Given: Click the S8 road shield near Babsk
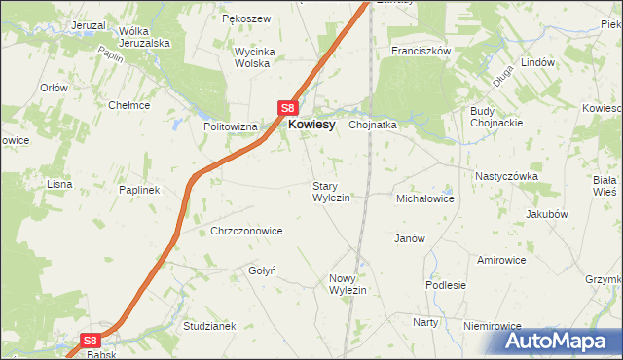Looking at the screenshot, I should [x=90, y=341].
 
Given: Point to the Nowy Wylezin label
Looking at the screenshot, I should [x=348, y=284].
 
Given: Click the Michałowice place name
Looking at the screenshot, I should [x=425, y=198].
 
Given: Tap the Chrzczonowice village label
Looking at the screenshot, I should [x=246, y=231].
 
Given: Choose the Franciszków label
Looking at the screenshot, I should [x=420, y=50].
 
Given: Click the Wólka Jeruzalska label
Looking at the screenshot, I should [x=144, y=37].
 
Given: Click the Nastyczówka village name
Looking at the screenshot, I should [x=506, y=176].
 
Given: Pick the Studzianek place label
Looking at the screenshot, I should [x=209, y=325].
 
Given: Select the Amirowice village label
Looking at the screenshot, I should [x=501, y=260].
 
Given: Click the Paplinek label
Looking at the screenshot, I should [x=139, y=190].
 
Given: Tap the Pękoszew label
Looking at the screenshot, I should [x=245, y=18].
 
